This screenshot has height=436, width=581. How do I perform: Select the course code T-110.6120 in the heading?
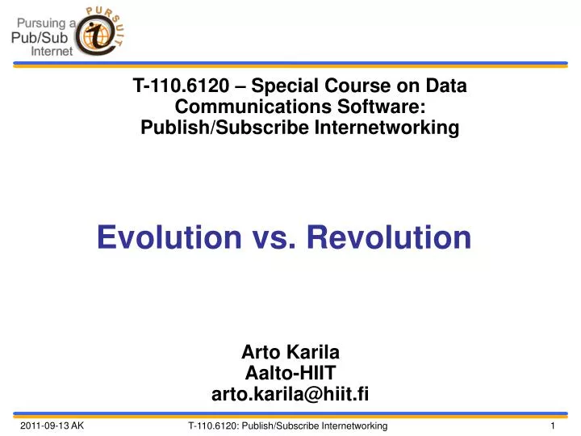tap(173, 86)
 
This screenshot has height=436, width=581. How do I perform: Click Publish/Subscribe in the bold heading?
tap(209, 128)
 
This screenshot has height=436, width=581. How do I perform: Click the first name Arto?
tap(261, 352)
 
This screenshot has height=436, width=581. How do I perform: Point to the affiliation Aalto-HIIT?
tap(290, 372)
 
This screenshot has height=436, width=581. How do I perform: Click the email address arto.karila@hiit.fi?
tap(290, 393)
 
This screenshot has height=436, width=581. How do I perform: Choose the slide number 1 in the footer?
tap(550, 426)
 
